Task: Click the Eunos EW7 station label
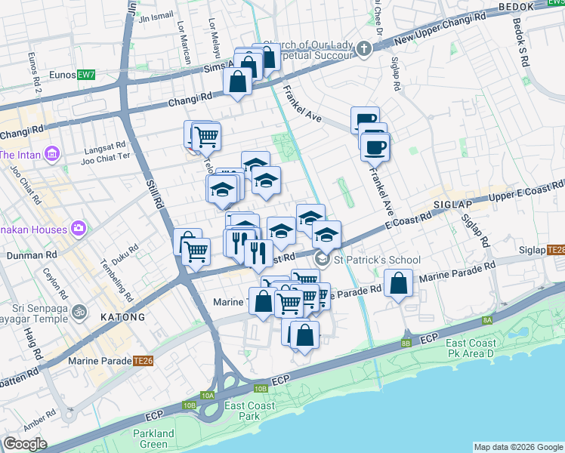coord(76,75)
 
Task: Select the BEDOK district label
coord(517,7)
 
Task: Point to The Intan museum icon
coord(52,155)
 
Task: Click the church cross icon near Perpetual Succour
coord(364,50)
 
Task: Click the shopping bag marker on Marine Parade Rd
coord(398,285)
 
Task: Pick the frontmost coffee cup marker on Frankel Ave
coord(374,146)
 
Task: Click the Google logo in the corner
coord(25,444)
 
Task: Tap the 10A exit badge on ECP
coord(208,396)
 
